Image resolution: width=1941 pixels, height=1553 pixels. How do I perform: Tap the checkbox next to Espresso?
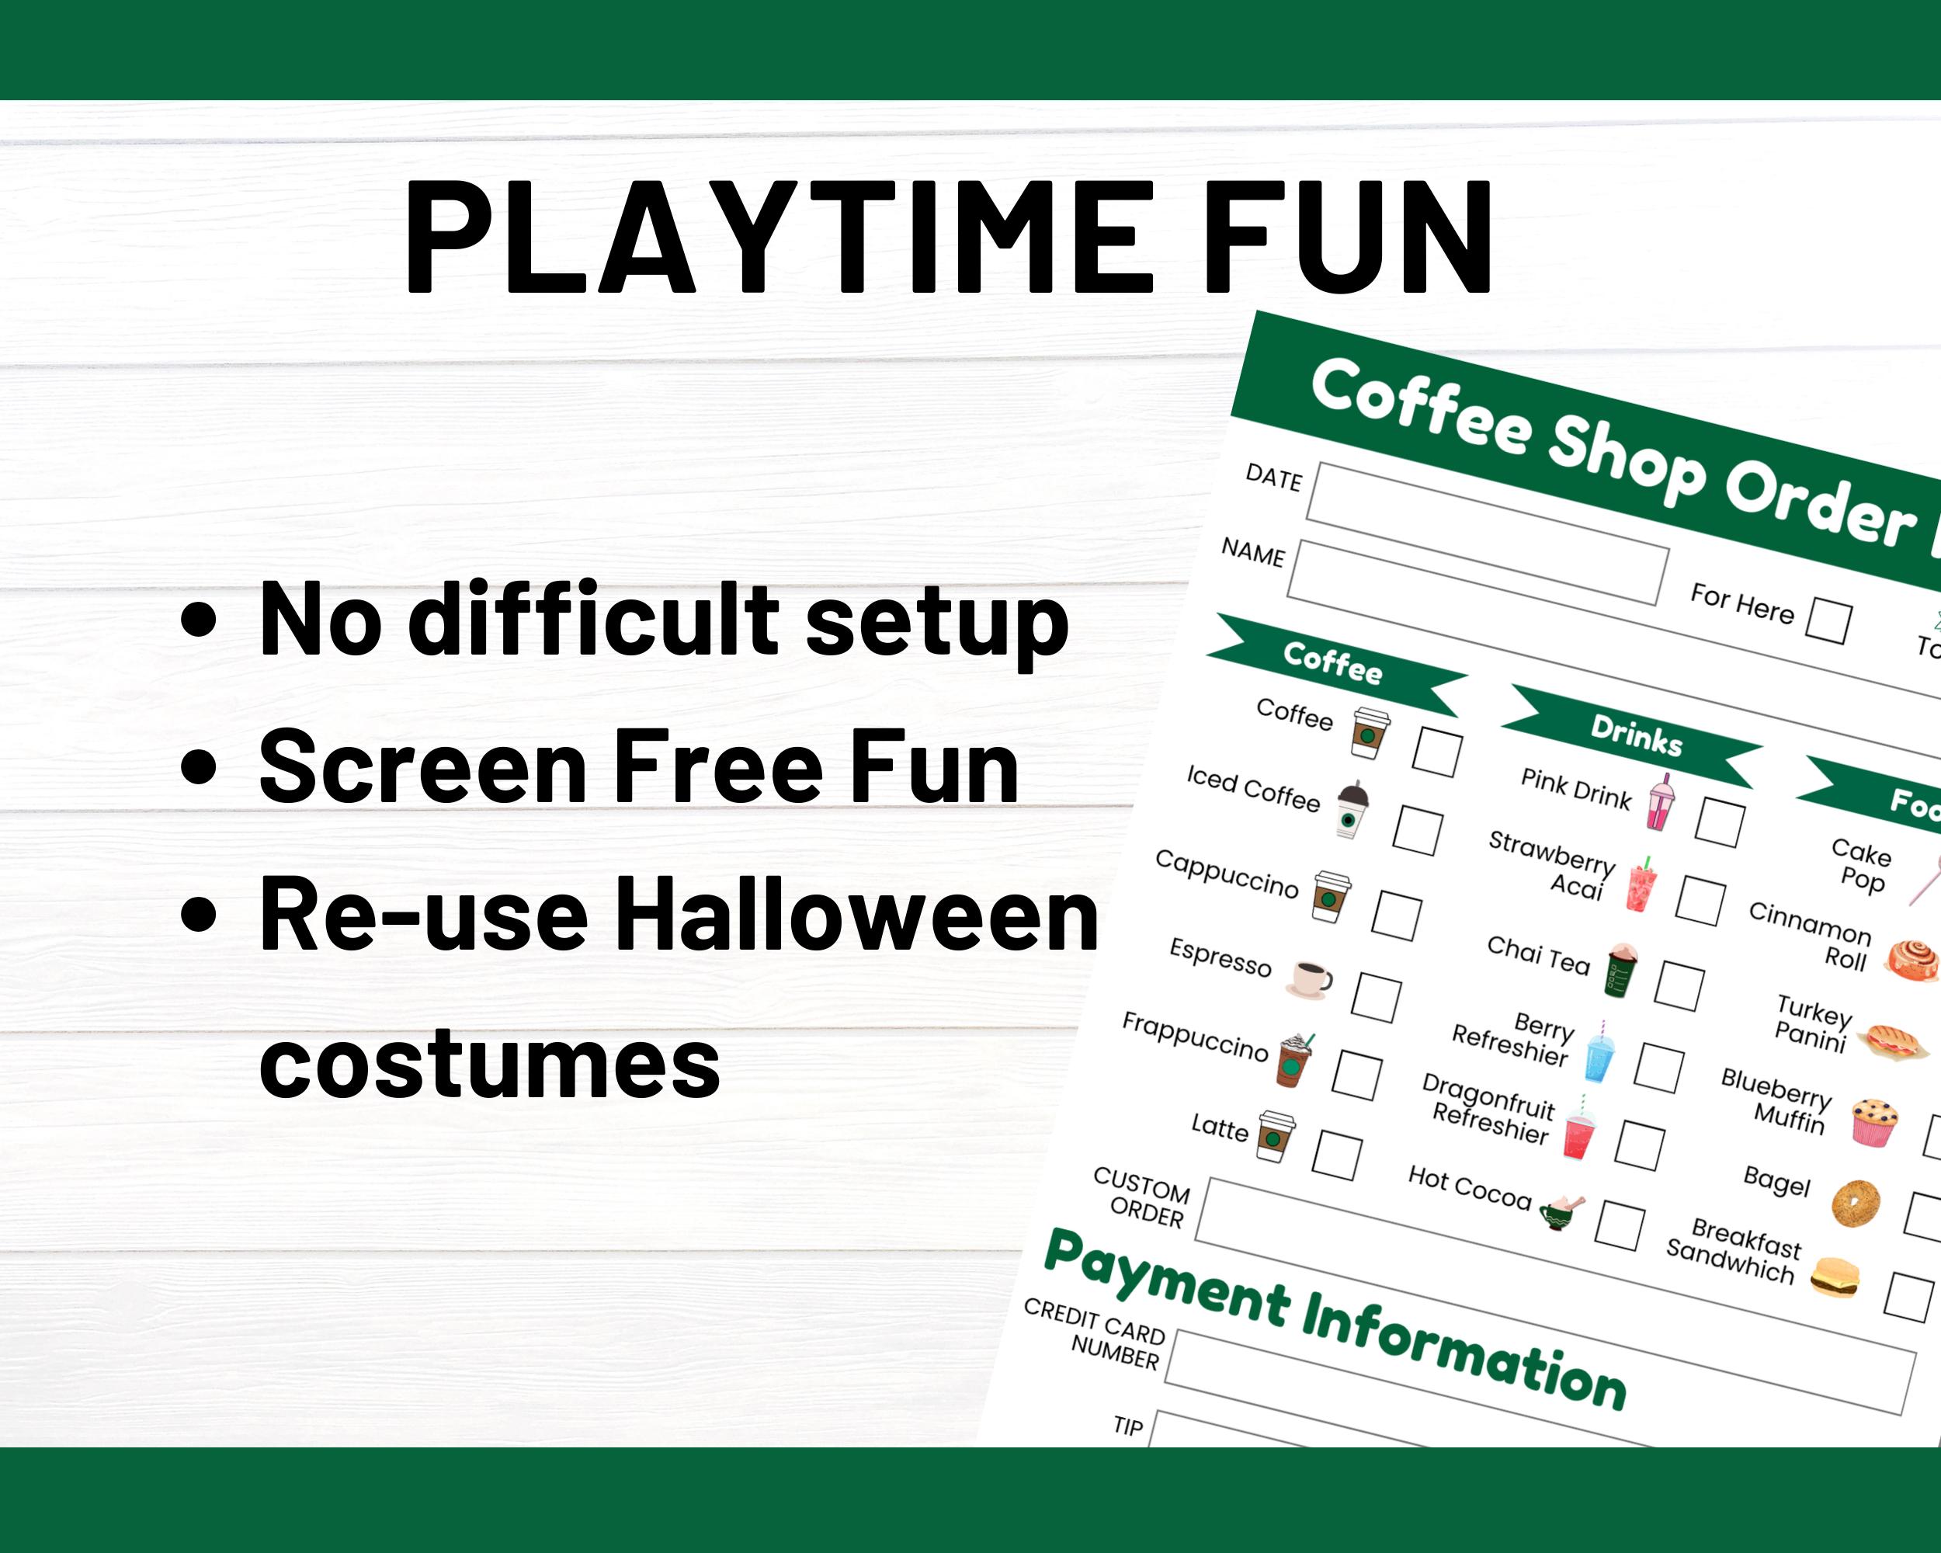1377,996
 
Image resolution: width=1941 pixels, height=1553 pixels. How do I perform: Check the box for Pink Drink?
1720,821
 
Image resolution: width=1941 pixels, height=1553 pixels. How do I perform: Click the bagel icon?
1856,1203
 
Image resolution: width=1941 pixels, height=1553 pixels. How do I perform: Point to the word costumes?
490,1063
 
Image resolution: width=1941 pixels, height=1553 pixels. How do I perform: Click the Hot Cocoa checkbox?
1620,1225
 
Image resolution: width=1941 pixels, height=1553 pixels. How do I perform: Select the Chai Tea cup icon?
1621,971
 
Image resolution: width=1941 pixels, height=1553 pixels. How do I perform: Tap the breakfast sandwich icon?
1835,1277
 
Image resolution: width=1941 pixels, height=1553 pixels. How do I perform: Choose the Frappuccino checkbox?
1356,1075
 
